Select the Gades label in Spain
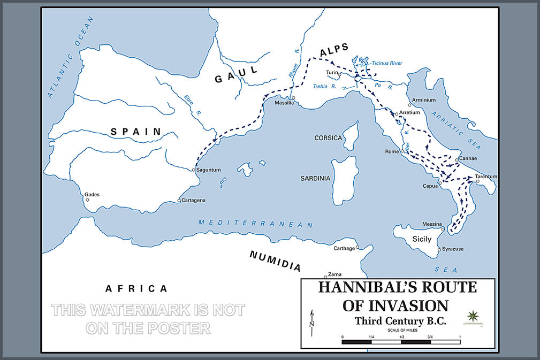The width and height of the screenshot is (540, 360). [92, 195]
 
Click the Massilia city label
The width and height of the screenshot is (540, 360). [285, 103]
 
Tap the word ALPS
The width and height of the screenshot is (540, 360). [335, 52]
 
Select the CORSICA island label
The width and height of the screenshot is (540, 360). [328, 138]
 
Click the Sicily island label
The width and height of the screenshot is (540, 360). [422, 239]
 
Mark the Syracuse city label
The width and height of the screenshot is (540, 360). [453, 249]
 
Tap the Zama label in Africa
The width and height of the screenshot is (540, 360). [334, 273]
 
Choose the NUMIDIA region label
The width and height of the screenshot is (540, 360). [275, 261]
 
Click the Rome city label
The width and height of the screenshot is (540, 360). [392, 152]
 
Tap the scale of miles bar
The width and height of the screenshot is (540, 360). [401, 341]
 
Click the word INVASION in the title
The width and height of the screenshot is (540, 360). [411, 305]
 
